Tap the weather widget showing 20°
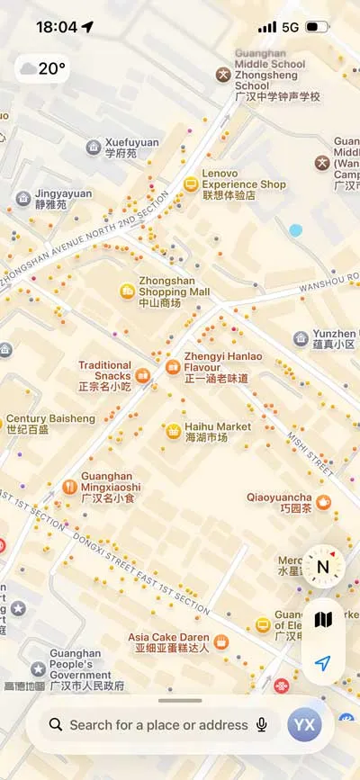[x=41, y=68]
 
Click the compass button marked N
[x=322, y=567]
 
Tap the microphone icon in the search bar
[x=262, y=724]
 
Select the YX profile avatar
[x=304, y=724]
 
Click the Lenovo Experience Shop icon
[x=190, y=184]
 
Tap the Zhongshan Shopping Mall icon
[x=128, y=291]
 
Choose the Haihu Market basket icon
[x=173, y=431]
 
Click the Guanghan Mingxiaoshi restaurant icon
[x=70, y=487]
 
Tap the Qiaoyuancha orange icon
[x=323, y=502]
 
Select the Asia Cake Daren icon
[x=220, y=641]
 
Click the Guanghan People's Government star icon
[x=38, y=668]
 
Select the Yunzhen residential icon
[x=301, y=338]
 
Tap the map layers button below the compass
[x=322, y=619]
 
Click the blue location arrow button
[x=322, y=664]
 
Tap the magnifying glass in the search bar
[x=56, y=724]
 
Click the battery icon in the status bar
[x=317, y=27]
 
